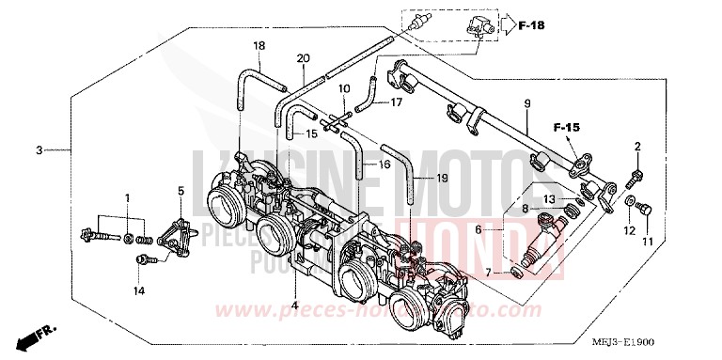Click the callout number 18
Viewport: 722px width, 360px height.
click(259, 46)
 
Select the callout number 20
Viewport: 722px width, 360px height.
click(302, 59)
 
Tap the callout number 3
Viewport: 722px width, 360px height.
click(39, 149)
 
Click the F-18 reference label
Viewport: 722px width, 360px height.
click(532, 24)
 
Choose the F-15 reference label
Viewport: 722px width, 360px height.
click(565, 126)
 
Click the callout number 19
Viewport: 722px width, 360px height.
click(443, 177)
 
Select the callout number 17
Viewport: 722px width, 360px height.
click(396, 102)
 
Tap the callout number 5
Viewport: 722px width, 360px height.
click(180, 192)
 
